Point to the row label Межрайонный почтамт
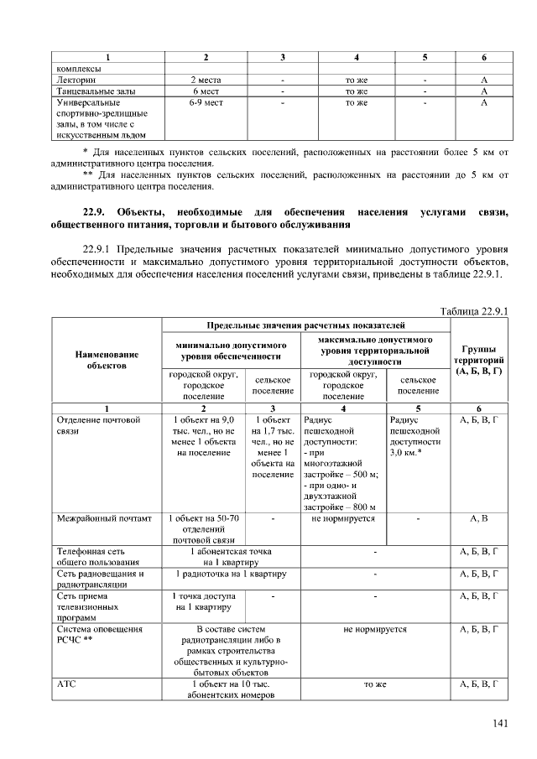coord(103,519)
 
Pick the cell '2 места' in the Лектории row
coord(206,80)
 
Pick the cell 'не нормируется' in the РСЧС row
coord(374,628)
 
